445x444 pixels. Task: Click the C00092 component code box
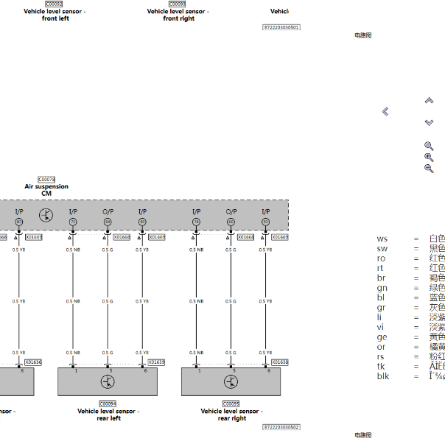(55, 4)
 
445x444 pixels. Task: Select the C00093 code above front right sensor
(178, 4)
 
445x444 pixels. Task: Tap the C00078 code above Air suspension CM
(46, 180)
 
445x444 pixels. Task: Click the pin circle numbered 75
(73, 222)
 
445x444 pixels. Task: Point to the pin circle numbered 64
(108, 222)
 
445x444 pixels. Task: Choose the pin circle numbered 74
(196, 222)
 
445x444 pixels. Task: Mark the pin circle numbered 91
(266, 222)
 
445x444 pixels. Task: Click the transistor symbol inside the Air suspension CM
(46, 215)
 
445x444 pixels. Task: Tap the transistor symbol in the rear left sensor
(108, 381)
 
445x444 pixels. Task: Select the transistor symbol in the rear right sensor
(231, 381)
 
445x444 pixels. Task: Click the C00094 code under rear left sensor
(108, 404)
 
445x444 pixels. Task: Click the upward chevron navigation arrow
(429, 100)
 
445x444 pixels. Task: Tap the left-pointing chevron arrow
(385, 111)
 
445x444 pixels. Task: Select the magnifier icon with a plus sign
(429, 157)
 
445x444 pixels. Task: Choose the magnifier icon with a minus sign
(429, 169)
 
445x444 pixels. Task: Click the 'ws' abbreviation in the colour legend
(382, 239)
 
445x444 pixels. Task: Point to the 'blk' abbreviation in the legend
(383, 376)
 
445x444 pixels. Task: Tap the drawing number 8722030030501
(281, 27)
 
